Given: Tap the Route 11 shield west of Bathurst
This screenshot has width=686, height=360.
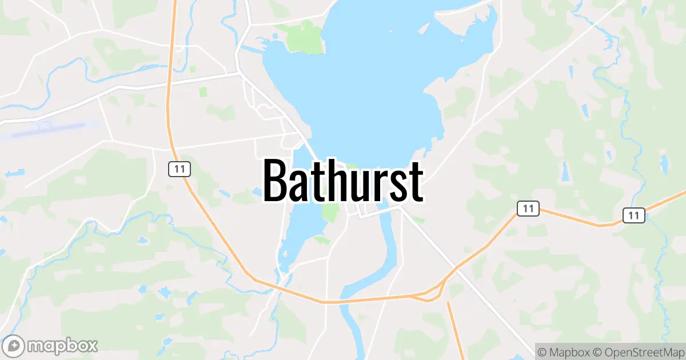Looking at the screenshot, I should pos(179,169).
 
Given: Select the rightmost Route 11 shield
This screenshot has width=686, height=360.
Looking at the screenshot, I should pos(633,215).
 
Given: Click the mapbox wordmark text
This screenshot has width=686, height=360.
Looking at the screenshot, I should pos(62,346).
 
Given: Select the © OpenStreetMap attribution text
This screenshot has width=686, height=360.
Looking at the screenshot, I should pos(637,351).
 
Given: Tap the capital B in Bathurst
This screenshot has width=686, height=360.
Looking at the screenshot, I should pos(276,181).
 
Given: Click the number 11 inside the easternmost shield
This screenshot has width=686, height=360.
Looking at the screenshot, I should pos(633,215).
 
